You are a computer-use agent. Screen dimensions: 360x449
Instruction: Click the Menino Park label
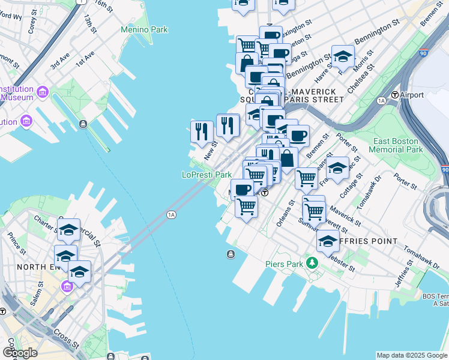144,29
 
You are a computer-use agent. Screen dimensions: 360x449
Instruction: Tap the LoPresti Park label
206,175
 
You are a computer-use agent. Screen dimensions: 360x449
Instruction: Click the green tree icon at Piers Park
312,262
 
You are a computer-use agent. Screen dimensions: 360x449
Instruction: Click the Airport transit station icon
395,95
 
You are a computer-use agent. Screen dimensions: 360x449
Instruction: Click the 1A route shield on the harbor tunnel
172,214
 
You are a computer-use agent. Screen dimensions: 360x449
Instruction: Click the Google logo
20,353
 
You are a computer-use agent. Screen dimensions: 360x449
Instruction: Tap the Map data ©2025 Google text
411,355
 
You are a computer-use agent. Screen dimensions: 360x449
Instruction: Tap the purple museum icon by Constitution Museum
42,92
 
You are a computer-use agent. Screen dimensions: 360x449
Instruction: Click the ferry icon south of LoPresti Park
231,254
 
